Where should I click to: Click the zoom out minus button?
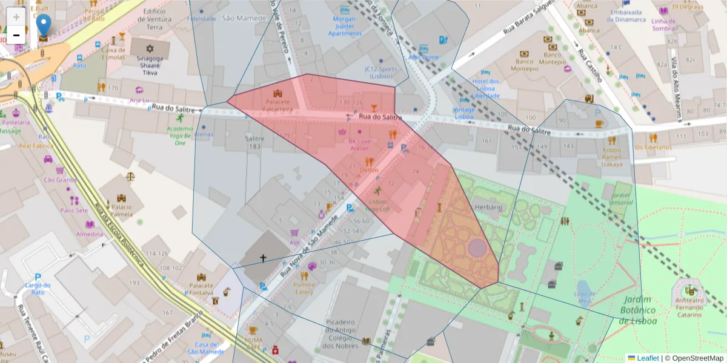[16, 35]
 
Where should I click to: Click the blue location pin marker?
[44, 25]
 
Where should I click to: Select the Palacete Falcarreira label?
[279, 105]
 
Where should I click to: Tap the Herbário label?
[490, 207]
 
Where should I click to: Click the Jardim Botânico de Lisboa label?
[638, 310]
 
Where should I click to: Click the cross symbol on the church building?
[263, 258]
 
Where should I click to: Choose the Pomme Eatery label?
[304, 288]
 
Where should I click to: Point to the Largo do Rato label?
[37, 289]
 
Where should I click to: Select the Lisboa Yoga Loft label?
[377, 204]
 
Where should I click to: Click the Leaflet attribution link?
[647, 358]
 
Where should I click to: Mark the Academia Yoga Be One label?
[180, 136]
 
